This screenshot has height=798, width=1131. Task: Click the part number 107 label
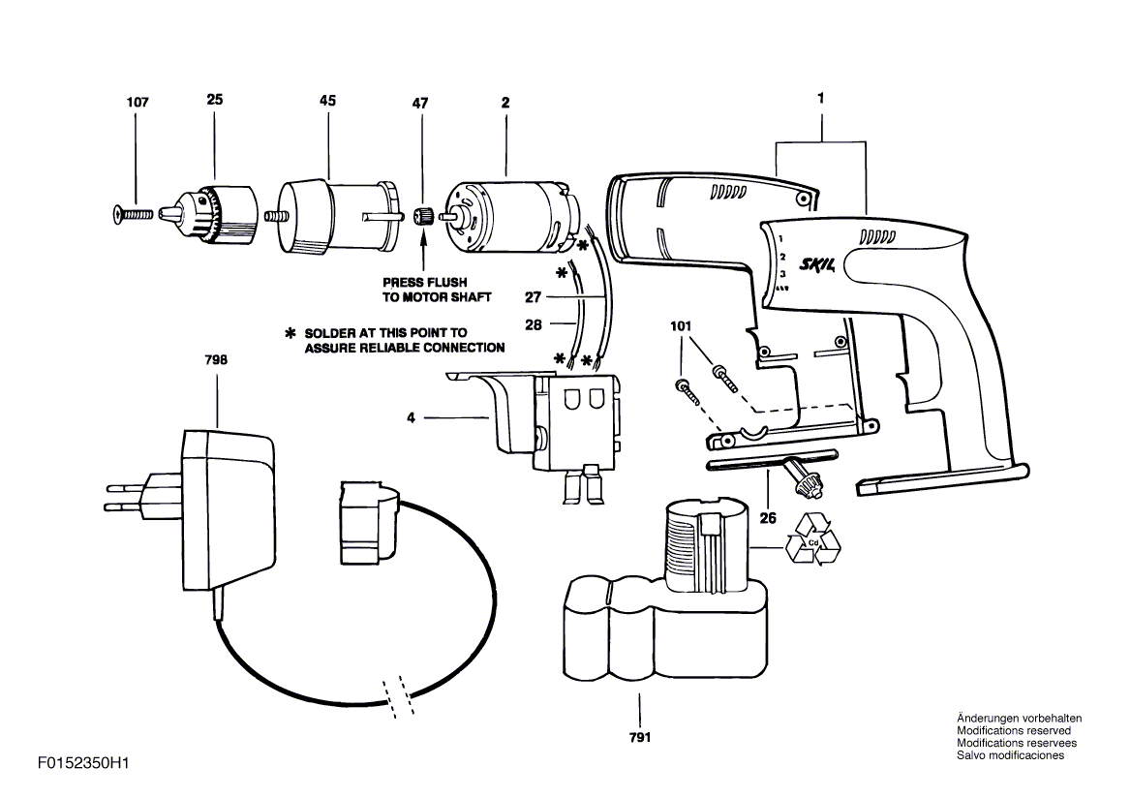pyautogui.click(x=138, y=102)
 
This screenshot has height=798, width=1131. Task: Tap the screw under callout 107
pyautogui.click(x=134, y=214)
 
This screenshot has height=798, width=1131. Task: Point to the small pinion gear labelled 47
pyautogui.click(x=423, y=215)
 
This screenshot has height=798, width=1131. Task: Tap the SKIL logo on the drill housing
pyautogui.click(x=817, y=264)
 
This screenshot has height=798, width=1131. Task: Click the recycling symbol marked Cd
pyautogui.click(x=813, y=538)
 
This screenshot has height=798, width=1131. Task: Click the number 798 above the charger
pyautogui.click(x=216, y=359)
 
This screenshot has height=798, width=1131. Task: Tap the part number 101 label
pyautogui.click(x=680, y=326)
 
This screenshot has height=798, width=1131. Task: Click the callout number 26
pyautogui.click(x=768, y=517)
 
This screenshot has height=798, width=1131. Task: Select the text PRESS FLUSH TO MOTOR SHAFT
pyautogui.click(x=437, y=290)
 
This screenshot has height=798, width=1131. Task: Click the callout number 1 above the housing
pyautogui.click(x=821, y=98)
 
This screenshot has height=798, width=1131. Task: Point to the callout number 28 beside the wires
pyautogui.click(x=533, y=324)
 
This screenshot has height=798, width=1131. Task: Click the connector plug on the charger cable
pyautogui.click(x=369, y=523)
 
